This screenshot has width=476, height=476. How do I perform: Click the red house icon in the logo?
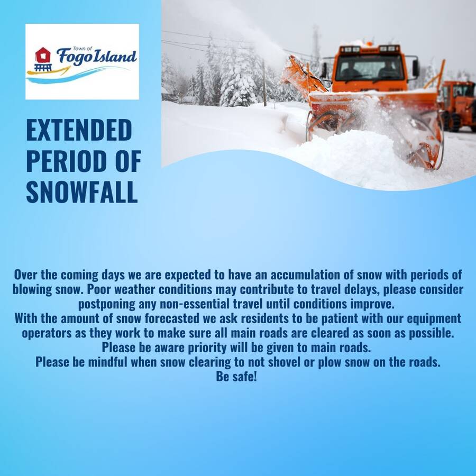click(43, 55)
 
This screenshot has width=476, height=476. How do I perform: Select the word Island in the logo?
click(114, 56)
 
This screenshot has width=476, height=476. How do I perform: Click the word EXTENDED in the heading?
click(79, 130)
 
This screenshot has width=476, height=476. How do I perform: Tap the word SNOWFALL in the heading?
click(82, 192)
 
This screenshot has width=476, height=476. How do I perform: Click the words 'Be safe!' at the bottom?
click(236, 377)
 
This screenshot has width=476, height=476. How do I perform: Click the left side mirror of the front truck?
click(324, 70)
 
